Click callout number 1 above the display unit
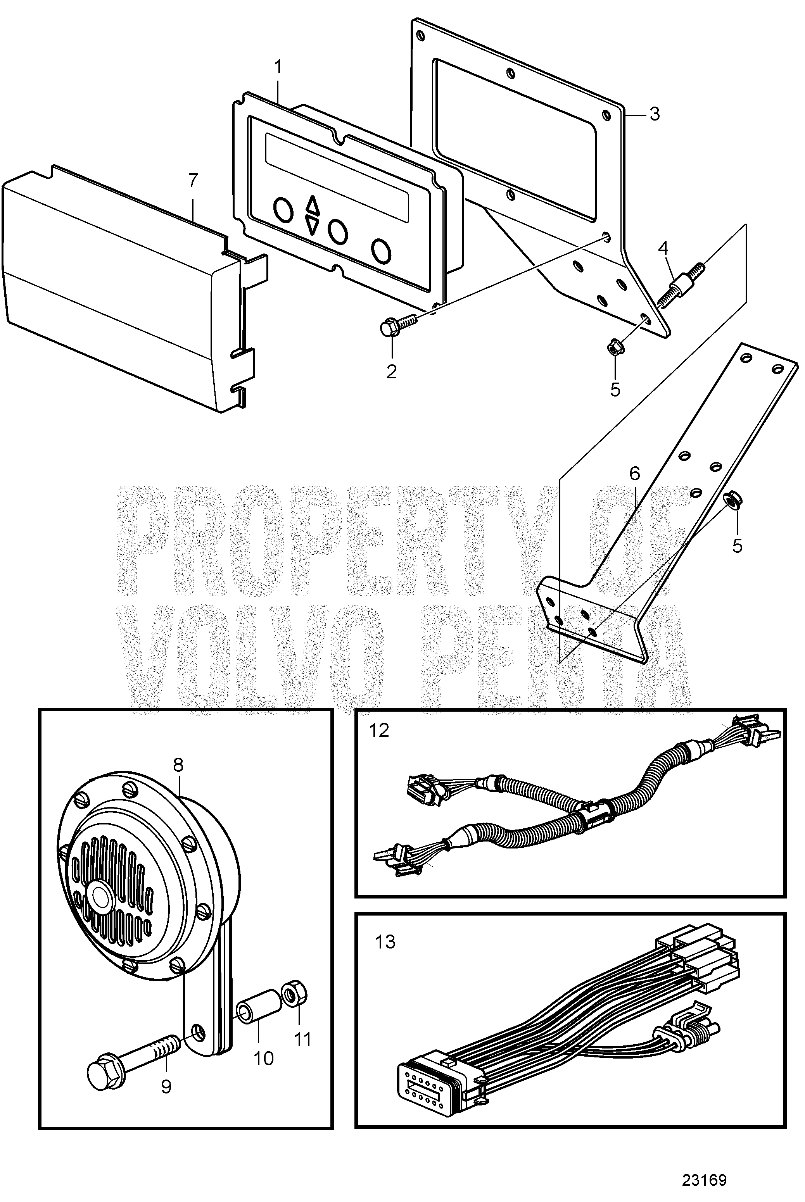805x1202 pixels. tap(278, 67)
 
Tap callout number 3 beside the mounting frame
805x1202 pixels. tap(654, 114)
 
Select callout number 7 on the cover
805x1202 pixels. tap(192, 181)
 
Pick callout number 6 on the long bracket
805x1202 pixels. tap(634, 474)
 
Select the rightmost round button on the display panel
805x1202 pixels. tap(382, 250)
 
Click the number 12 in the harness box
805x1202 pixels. tap(379, 730)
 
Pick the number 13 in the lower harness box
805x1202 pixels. tap(385, 942)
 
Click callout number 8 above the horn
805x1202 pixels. tap(178, 765)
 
